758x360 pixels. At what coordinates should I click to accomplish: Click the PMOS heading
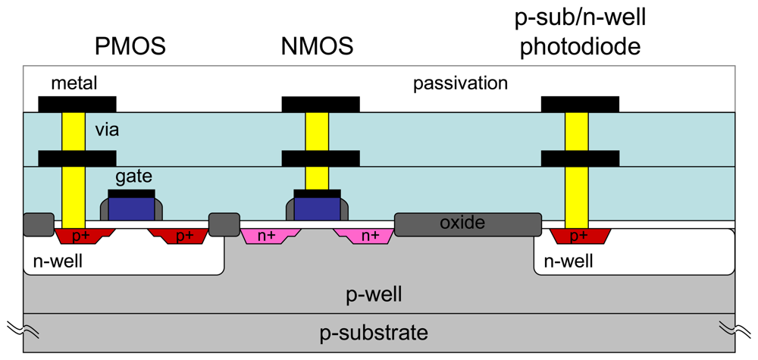point(130,47)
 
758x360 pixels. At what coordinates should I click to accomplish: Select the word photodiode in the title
point(581,47)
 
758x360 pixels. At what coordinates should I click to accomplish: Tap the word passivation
point(460,83)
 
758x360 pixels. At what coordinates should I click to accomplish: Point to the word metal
point(74,83)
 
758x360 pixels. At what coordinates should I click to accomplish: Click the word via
point(107,130)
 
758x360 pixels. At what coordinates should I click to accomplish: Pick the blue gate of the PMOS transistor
point(131,208)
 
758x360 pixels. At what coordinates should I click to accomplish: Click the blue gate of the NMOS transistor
point(317,208)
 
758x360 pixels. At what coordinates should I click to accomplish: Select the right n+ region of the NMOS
point(369,235)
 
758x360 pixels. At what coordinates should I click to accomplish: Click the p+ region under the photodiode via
point(578,235)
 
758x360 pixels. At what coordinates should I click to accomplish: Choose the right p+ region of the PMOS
point(183,235)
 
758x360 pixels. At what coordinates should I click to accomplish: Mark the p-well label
point(377,294)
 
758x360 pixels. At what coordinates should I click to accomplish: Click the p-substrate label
point(377,333)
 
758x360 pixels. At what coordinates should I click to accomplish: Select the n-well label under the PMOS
point(58,262)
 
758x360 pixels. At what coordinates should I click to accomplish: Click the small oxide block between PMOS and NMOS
point(224,224)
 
